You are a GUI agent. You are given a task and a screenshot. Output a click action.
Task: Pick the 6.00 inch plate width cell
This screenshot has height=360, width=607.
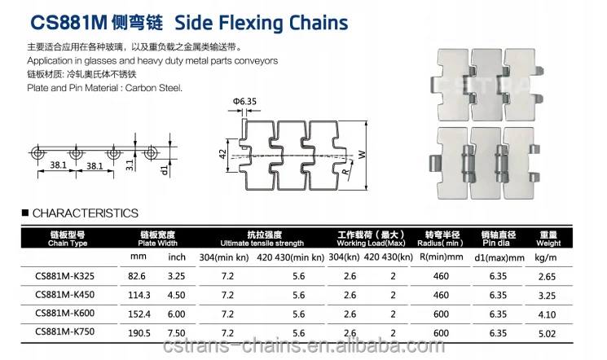click(177, 314)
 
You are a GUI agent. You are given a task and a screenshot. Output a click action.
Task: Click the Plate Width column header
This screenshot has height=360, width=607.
click(158, 239)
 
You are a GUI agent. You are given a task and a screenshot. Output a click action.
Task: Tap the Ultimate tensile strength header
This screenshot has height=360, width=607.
click(262, 239)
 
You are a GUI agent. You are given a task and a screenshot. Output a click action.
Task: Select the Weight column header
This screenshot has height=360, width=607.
click(548, 239)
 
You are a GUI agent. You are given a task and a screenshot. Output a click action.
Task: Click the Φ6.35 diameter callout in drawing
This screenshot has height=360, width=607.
click(244, 101)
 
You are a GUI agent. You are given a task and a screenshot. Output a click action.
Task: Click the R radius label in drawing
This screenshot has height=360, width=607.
click(345, 170)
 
